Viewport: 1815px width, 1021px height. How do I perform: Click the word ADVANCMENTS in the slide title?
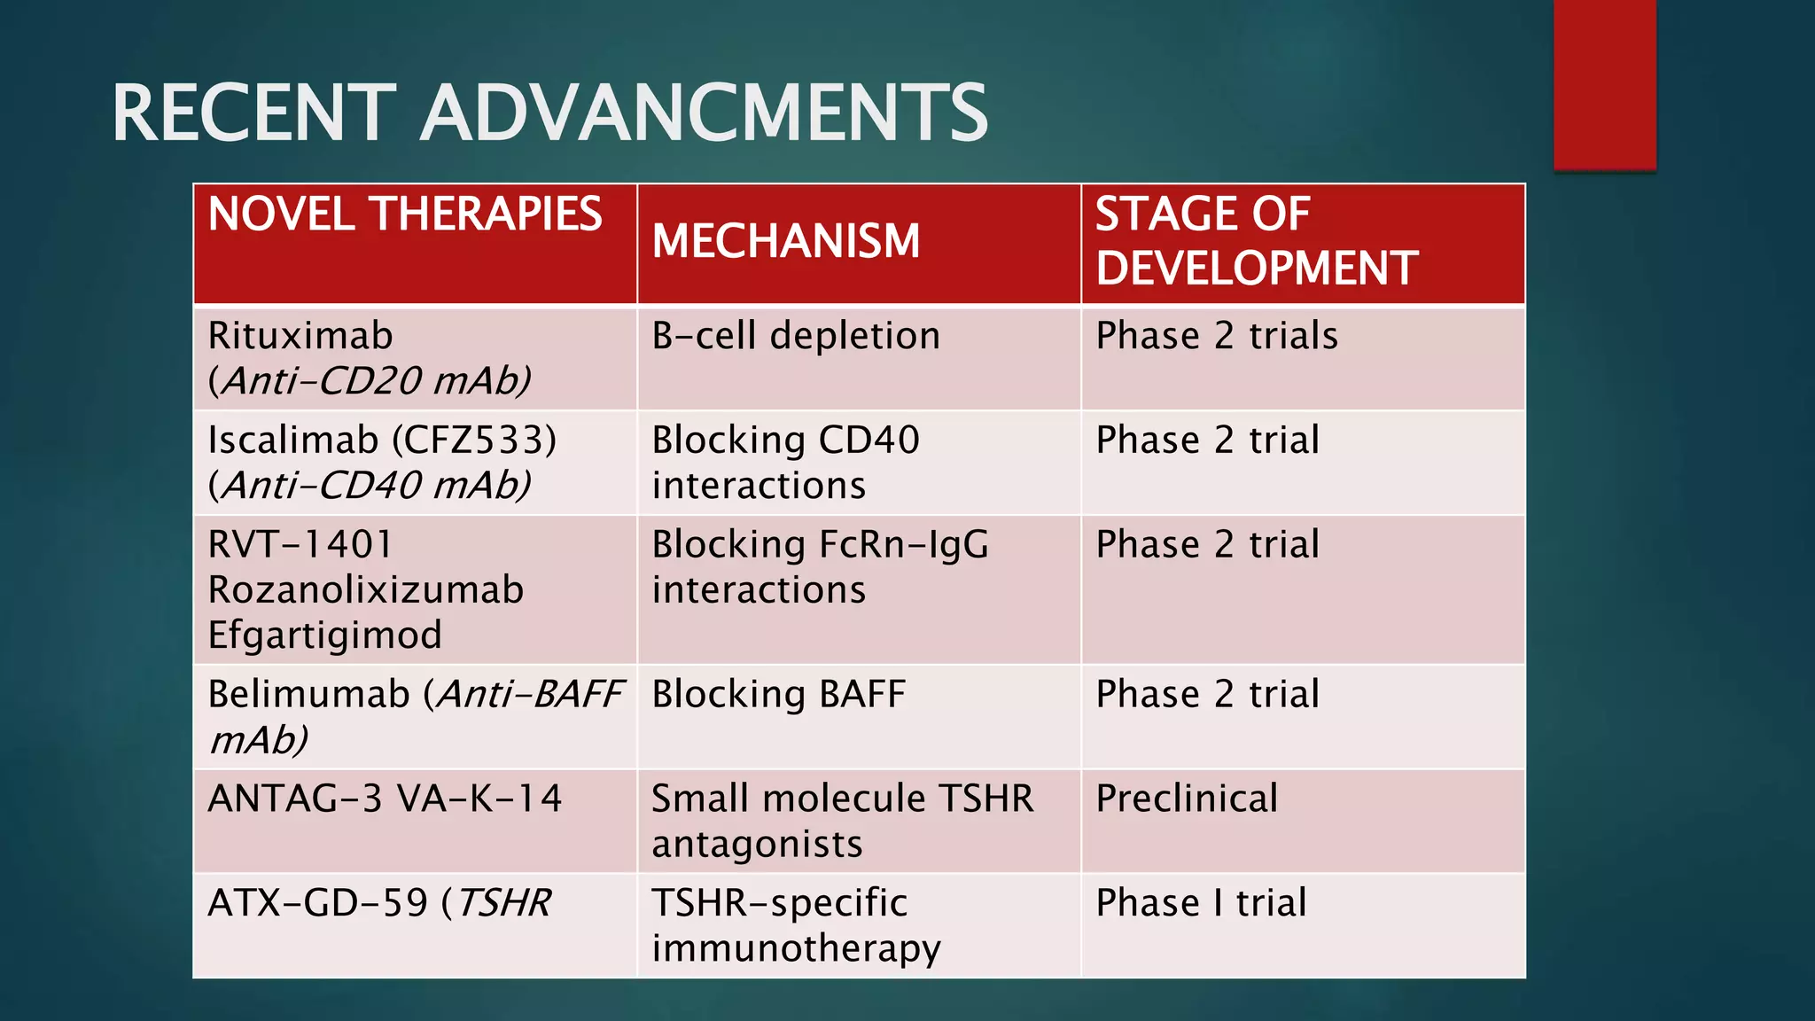click(704, 113)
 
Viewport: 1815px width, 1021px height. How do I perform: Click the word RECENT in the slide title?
click(253, 113)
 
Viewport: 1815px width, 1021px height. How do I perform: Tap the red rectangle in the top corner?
click(1604, 84)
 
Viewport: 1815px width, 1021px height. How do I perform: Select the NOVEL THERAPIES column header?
click(405, 214)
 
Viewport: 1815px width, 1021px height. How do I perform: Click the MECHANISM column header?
click(786, 242)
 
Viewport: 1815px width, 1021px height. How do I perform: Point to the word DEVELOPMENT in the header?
click(1257, 269)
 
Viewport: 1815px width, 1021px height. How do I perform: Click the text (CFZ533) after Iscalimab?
click(474, 440)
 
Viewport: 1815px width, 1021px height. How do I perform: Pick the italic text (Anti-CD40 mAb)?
click(370, 486)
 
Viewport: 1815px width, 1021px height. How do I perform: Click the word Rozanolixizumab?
click(365, 590)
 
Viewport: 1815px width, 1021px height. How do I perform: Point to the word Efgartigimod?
click(324, 635)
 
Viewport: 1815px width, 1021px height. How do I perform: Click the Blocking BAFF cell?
click(778, 695)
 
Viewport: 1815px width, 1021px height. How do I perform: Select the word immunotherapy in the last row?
click(796, 949)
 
